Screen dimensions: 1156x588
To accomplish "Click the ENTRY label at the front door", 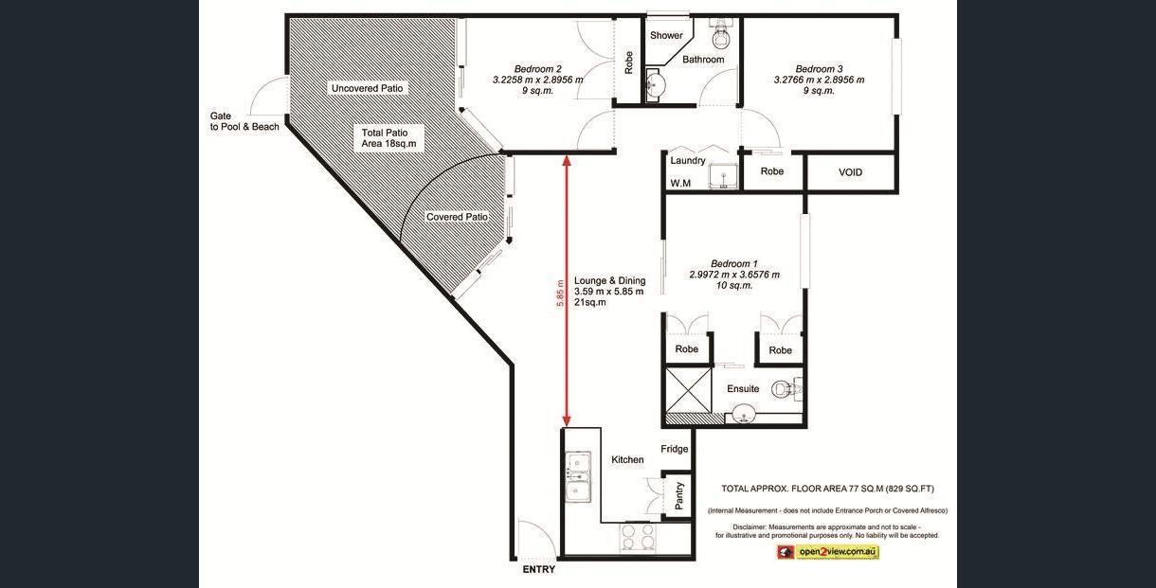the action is [539, 569].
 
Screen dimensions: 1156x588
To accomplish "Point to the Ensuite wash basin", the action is [743, 414].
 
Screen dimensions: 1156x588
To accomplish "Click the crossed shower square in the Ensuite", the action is [689, 390].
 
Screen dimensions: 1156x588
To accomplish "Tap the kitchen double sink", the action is [578, 476].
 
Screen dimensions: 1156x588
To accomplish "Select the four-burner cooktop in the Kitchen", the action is [638, 537].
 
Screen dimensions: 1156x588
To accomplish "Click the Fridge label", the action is [674, 449].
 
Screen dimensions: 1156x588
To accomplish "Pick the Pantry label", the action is [679, 495].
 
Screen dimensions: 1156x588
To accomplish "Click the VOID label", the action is [850, 172].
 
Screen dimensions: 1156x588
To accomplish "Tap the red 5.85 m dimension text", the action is [560, 294].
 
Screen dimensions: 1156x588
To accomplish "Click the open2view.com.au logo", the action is [828, 552].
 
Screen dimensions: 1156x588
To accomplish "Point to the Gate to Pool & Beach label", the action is [244, 121].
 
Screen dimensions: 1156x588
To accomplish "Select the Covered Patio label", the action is [457, 217].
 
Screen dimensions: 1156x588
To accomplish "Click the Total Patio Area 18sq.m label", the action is [388, 138].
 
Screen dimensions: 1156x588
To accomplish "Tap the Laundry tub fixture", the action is [724, 176].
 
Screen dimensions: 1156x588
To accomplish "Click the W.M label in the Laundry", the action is [680, 184].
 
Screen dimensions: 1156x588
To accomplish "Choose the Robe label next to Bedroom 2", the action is [628, 62].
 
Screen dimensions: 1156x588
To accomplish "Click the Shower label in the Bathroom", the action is [666, 36].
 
